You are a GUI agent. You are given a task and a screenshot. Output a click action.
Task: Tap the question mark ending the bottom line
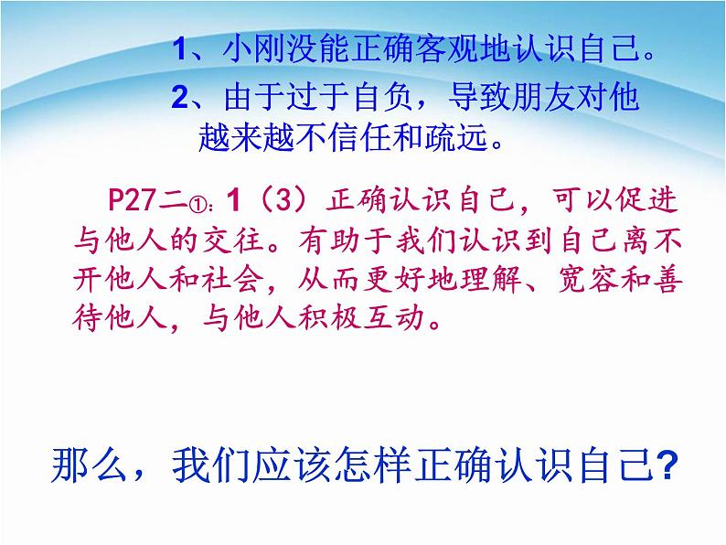tap(667, 465)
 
